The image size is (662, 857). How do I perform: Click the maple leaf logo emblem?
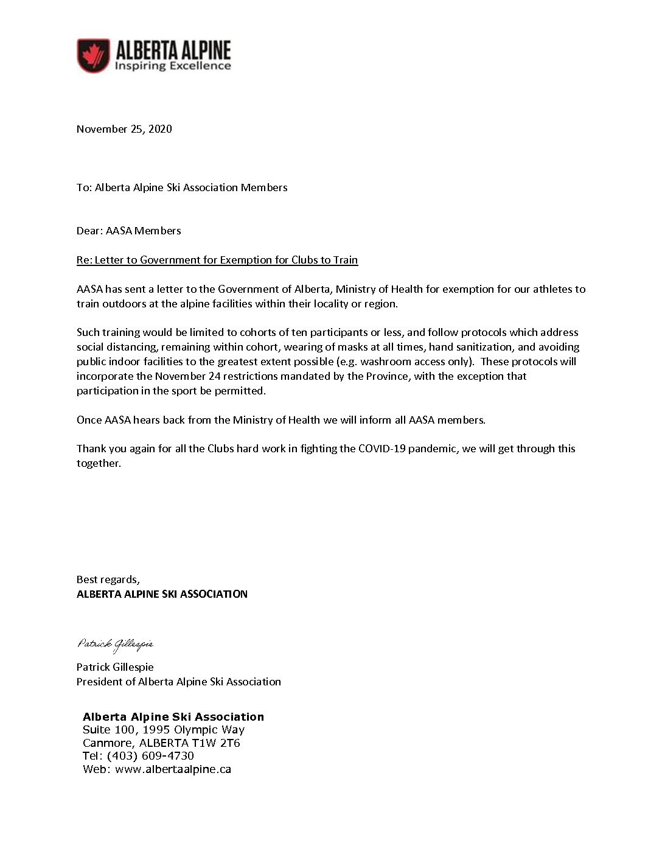pyautogui.click(x=93, y=55)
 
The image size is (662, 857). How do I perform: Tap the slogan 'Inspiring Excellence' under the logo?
pyautogui.click(x=173, y=66)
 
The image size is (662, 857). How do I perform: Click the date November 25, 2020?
pyautogui.click(x=124, y=129)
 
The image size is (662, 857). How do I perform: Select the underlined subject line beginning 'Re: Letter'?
pyautogui.click(x=217, y=260)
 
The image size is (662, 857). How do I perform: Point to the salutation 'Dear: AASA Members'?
pyautogui.click(x=129, y=231)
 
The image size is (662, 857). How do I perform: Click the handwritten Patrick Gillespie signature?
pyautogui.click(x=115, y=644)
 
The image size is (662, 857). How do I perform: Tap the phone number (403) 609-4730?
pyautogui.click(x=150, y=756)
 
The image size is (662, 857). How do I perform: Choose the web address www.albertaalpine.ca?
pyautogui.click(x=173, y=769)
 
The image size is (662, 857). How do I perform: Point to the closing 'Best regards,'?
pyautogui.click(x=108, y=579)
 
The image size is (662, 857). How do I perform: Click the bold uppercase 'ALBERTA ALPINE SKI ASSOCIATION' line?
pyautogui.click(x=162, y=594)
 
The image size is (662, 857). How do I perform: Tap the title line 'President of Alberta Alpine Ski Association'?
pyautogui.click(x=179, y=682)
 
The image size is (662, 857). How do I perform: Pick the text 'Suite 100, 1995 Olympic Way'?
pyautogui.click(x=164, y=730)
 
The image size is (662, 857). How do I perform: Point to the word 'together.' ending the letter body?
pyautogui.click(x=99, y=463)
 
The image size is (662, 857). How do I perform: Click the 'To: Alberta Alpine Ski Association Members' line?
pyautogui.click(x=182, y=187)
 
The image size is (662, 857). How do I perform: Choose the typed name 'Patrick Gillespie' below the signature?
pyautogui.click(x=115, y=667)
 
